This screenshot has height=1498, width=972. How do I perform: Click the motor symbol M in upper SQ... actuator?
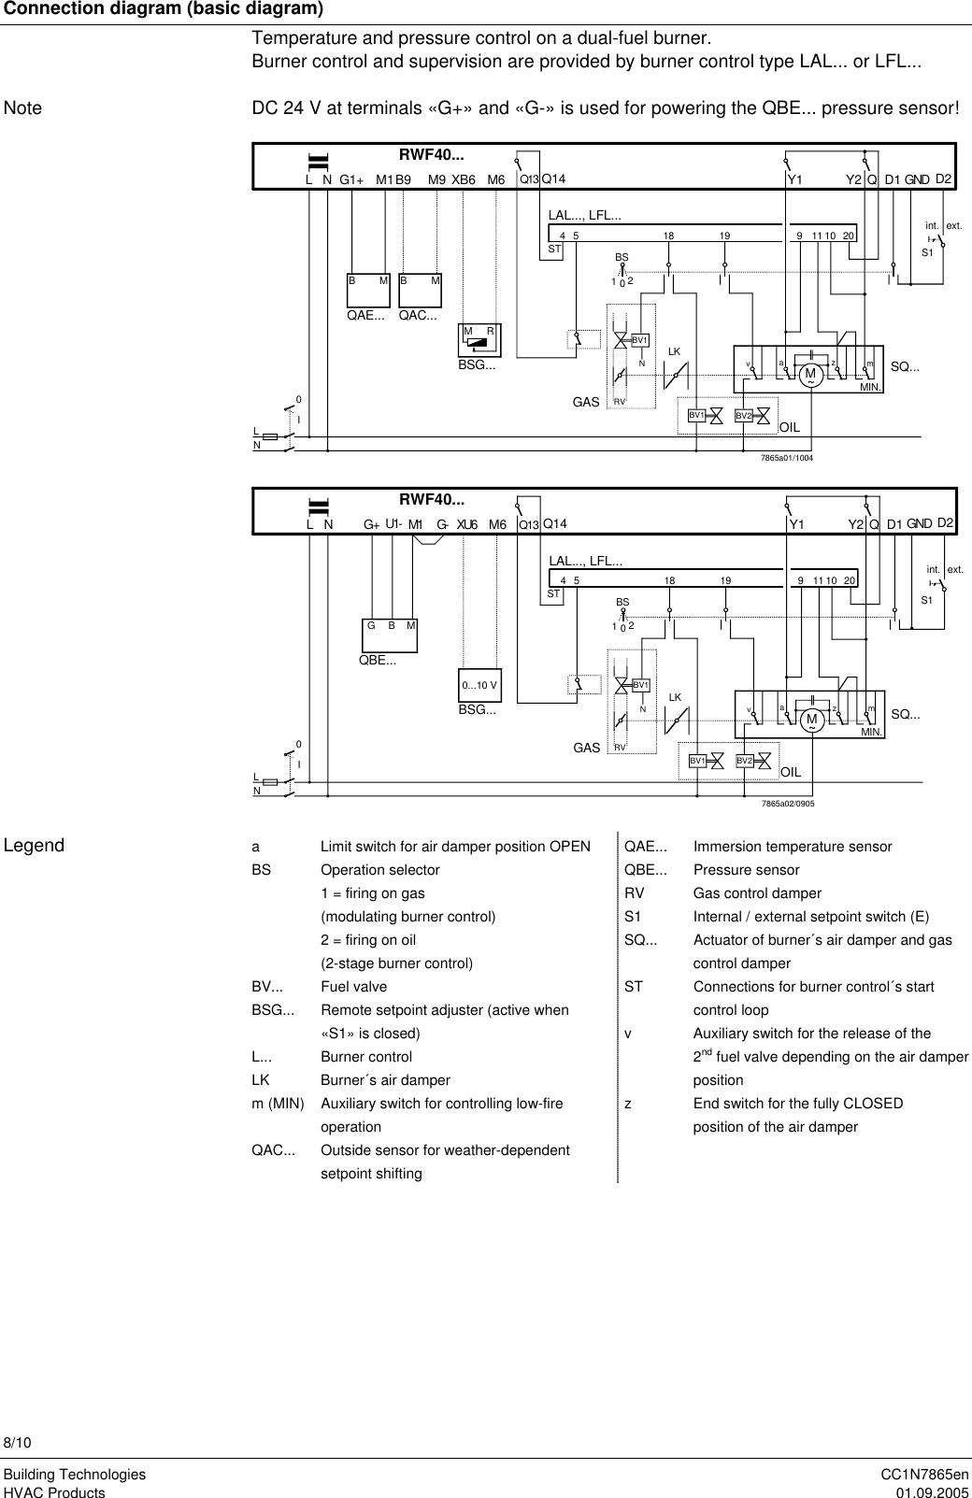809,374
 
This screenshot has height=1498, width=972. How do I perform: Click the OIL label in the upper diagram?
791,426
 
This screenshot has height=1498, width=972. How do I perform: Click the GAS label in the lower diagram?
587,749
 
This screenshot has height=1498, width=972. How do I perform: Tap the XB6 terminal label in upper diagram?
464,179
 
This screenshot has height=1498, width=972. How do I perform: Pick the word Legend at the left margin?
35,846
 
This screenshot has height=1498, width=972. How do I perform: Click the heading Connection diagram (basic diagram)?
164,9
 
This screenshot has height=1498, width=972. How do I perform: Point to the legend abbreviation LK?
261,1080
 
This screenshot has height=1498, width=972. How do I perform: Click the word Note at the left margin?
23,108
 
